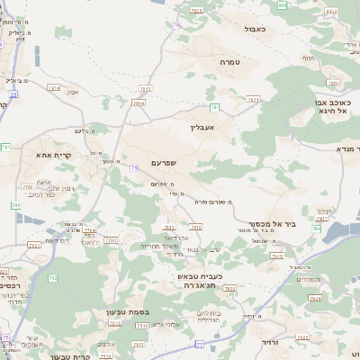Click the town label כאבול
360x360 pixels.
tap(256, 29)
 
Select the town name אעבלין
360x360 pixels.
tap(204, 127)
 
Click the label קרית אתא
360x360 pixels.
tap(54, 155)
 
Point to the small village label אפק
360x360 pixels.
tap(73, 92)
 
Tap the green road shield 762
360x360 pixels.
tap(53, 278)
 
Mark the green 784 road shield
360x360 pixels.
tap(317, 229)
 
